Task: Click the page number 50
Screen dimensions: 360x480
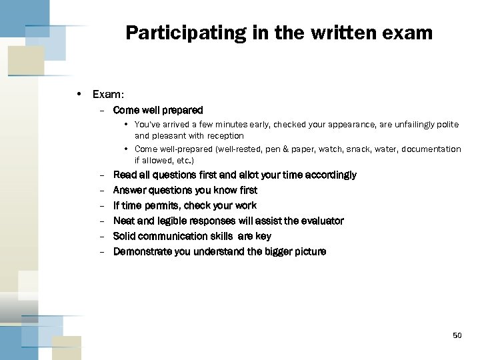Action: coord(457,335)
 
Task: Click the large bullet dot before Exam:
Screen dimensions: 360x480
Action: coord(79,95)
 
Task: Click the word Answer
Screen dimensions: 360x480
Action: coord(129,190)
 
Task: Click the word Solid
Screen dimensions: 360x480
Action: coord(125,236)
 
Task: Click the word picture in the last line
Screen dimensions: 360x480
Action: coord(308,251)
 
